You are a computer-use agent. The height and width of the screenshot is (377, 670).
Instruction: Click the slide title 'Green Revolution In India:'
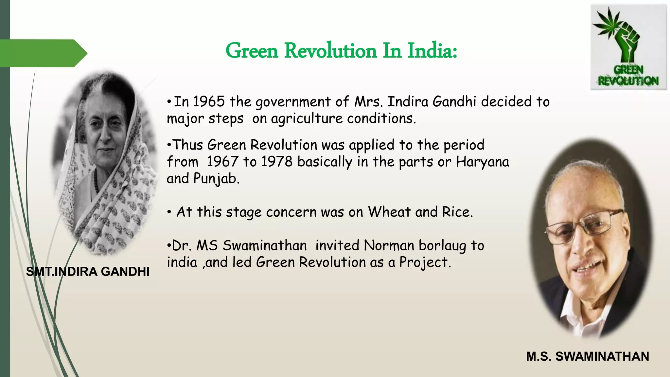341,51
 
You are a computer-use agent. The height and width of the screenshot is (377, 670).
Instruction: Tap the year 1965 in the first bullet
209,102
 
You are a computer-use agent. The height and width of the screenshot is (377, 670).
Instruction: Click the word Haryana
483,162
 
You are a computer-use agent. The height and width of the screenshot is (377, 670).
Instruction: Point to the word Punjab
216,179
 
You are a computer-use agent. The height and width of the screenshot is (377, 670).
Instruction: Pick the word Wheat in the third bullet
389,212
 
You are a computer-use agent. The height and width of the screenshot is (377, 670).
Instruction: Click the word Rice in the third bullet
457,212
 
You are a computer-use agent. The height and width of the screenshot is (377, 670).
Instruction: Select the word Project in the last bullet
424,262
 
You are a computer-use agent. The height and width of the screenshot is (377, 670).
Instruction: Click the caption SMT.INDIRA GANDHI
88,272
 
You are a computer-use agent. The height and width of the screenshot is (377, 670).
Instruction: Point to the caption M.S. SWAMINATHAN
588,356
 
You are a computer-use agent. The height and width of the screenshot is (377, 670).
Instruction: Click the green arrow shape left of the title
43,53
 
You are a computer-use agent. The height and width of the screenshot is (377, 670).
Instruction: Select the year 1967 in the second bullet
222,162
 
